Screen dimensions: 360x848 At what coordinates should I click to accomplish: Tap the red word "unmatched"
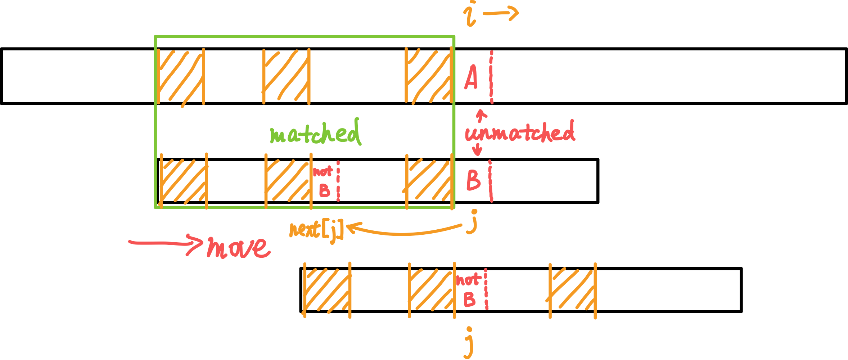point(520,132)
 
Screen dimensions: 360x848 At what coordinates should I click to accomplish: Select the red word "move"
point(238,248)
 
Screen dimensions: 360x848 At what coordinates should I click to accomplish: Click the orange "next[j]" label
point(316,230)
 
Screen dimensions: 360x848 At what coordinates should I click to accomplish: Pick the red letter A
point(471,77)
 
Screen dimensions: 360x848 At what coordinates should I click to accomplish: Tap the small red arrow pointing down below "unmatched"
point(478,149)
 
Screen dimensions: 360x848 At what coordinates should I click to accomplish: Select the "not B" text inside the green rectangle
point(323,181)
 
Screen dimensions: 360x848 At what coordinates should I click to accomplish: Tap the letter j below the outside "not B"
point(469,343)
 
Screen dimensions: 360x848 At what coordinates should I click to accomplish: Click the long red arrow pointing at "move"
point(166,243)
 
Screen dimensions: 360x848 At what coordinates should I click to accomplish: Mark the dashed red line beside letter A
point(491,77)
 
